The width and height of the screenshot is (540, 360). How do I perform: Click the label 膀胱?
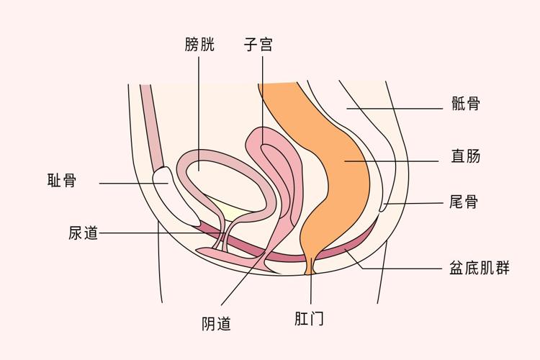pyautogui.click(x=199, y=45)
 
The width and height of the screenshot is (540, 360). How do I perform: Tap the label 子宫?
pyautogui.click(x=258, y=45)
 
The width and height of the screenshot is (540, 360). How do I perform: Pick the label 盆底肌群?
pyautogui.click(x=479, y=269)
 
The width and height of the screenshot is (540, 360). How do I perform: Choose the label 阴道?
pyautogui.click(x=217, y=324)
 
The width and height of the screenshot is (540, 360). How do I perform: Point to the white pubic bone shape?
pyautogui.click(x=173, y=194)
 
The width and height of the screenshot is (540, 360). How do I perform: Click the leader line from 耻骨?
pyautogui.click(x=130, y=183)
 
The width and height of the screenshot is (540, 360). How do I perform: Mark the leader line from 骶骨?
pyautogui.click(x=403, y=109)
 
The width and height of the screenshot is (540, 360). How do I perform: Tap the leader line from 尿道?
pyautogui.click(x=144, y=233)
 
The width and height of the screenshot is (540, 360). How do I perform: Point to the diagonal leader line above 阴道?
pyautogui.click(x=245, y=274)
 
